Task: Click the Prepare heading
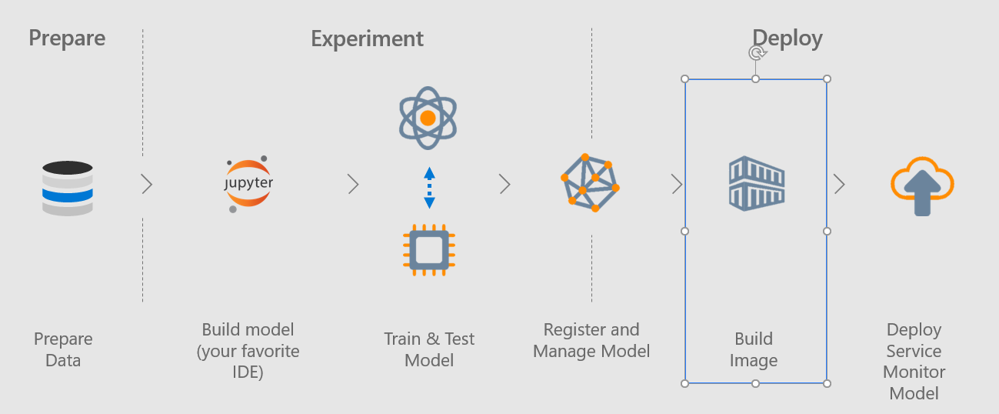(67, 38)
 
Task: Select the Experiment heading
(367, 38)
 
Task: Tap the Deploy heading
(787, 38)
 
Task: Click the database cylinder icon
(68, 188)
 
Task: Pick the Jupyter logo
(248, 185)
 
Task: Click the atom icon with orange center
(428, 118)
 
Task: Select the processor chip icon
(428, 249)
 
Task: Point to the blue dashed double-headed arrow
(429, 187)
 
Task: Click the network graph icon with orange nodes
(589, 182)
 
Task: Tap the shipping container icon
(756, 182)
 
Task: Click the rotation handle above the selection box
(757, 52)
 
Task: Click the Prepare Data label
(63, 349)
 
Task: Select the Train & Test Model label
(429, 349)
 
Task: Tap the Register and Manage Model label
(591, 340)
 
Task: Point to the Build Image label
(754, 349)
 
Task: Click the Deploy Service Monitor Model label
(914, 361)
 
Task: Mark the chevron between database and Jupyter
(147, 184)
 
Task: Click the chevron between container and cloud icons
(839, 184)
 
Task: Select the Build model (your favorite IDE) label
(248, 351)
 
